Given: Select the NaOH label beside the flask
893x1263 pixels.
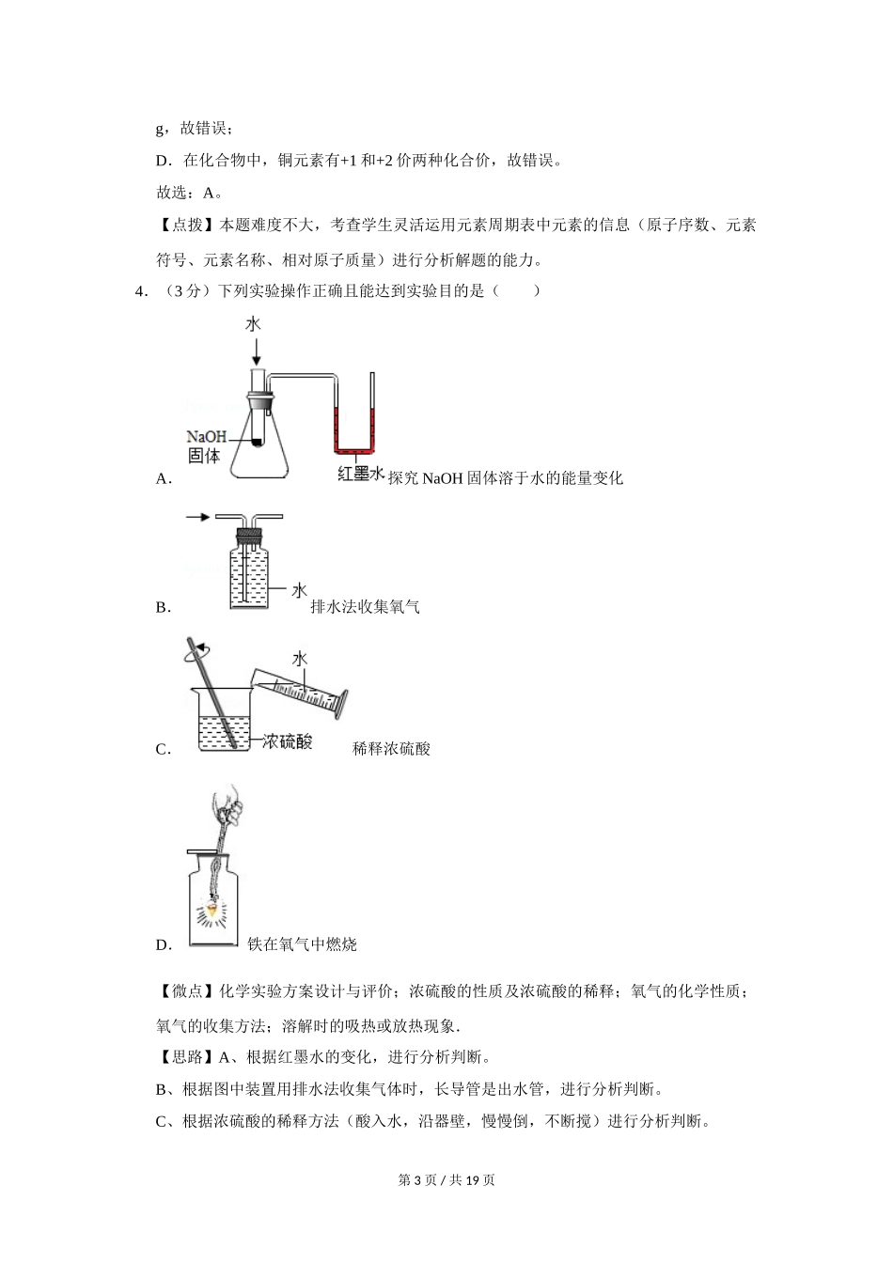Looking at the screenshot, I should pyautogui.click(x=206, y=437).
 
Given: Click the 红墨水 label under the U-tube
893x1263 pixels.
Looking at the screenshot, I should pyautogui.click(x=361, y=475).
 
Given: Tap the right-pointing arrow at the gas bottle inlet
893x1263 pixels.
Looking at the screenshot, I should pyautogui.click(x=197, y=517).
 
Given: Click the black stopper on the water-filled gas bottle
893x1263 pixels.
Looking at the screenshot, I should pyautogui.click(x=247, y=538).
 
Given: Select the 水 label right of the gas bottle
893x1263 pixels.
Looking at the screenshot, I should pyautogui.click(x=298, y=590).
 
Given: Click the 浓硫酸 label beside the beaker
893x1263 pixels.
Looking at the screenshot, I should pyautogui.click(x=287, y=741).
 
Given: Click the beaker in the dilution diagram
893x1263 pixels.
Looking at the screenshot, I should pyautogui.click(x=224, y=720).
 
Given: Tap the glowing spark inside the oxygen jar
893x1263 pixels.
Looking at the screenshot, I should pyautogui.click(x=213, y=909).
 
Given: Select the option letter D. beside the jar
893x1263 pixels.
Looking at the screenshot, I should pyautogui.click(x=164, y=945).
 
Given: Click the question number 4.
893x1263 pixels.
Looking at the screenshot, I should pyautogui.click(x=141, y=291).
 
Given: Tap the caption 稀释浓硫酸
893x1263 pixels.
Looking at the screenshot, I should pyautogui.click(x=391, y=749).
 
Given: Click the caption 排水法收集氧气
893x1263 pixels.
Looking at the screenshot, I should pyautogui.click(x=365, y=607).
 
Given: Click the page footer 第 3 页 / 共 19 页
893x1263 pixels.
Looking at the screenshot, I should pyautogui.click(x=446, y=1179).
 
